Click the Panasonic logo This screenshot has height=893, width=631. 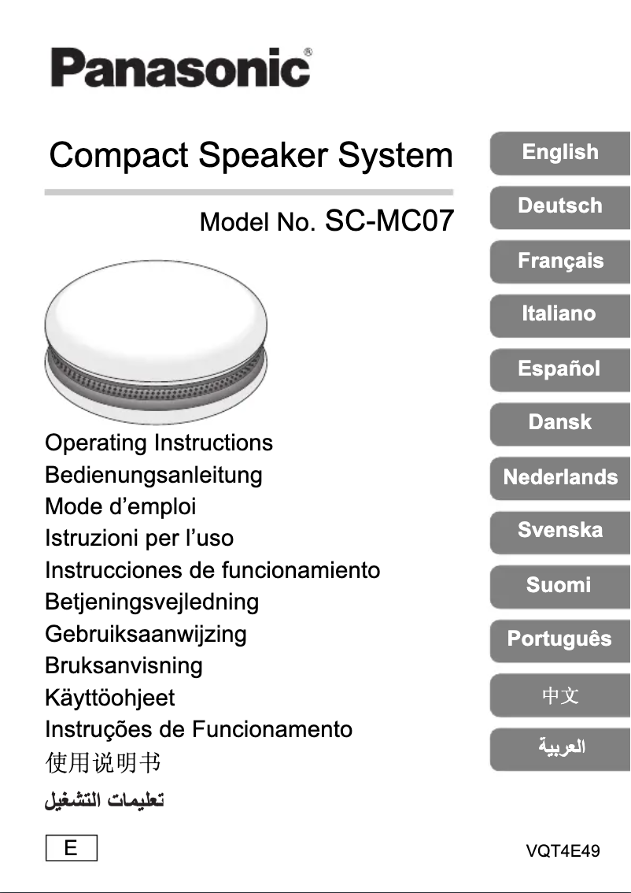[180, 68]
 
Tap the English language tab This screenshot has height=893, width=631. [560, 152]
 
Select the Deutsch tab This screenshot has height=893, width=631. [560, 206]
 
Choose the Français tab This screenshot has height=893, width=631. [560, 261]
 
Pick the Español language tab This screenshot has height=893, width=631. [560, 369]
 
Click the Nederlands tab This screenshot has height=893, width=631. [560, 476]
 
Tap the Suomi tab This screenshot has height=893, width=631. [560, 585]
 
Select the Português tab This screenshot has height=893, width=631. [560, 639]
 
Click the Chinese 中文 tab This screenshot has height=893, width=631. [560, 695]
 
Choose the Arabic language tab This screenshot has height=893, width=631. [560, 747]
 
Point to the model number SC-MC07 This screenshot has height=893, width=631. [389, 220]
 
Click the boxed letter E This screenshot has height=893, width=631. [71, 849]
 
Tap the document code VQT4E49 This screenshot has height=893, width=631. [563, 851]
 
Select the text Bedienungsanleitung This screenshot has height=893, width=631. [153, 475]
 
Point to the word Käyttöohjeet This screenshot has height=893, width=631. [109, 698]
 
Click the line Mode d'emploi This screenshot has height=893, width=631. [120, 506]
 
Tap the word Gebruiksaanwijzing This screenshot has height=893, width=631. [146, 634]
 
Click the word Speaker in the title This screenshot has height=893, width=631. [264, 155]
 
